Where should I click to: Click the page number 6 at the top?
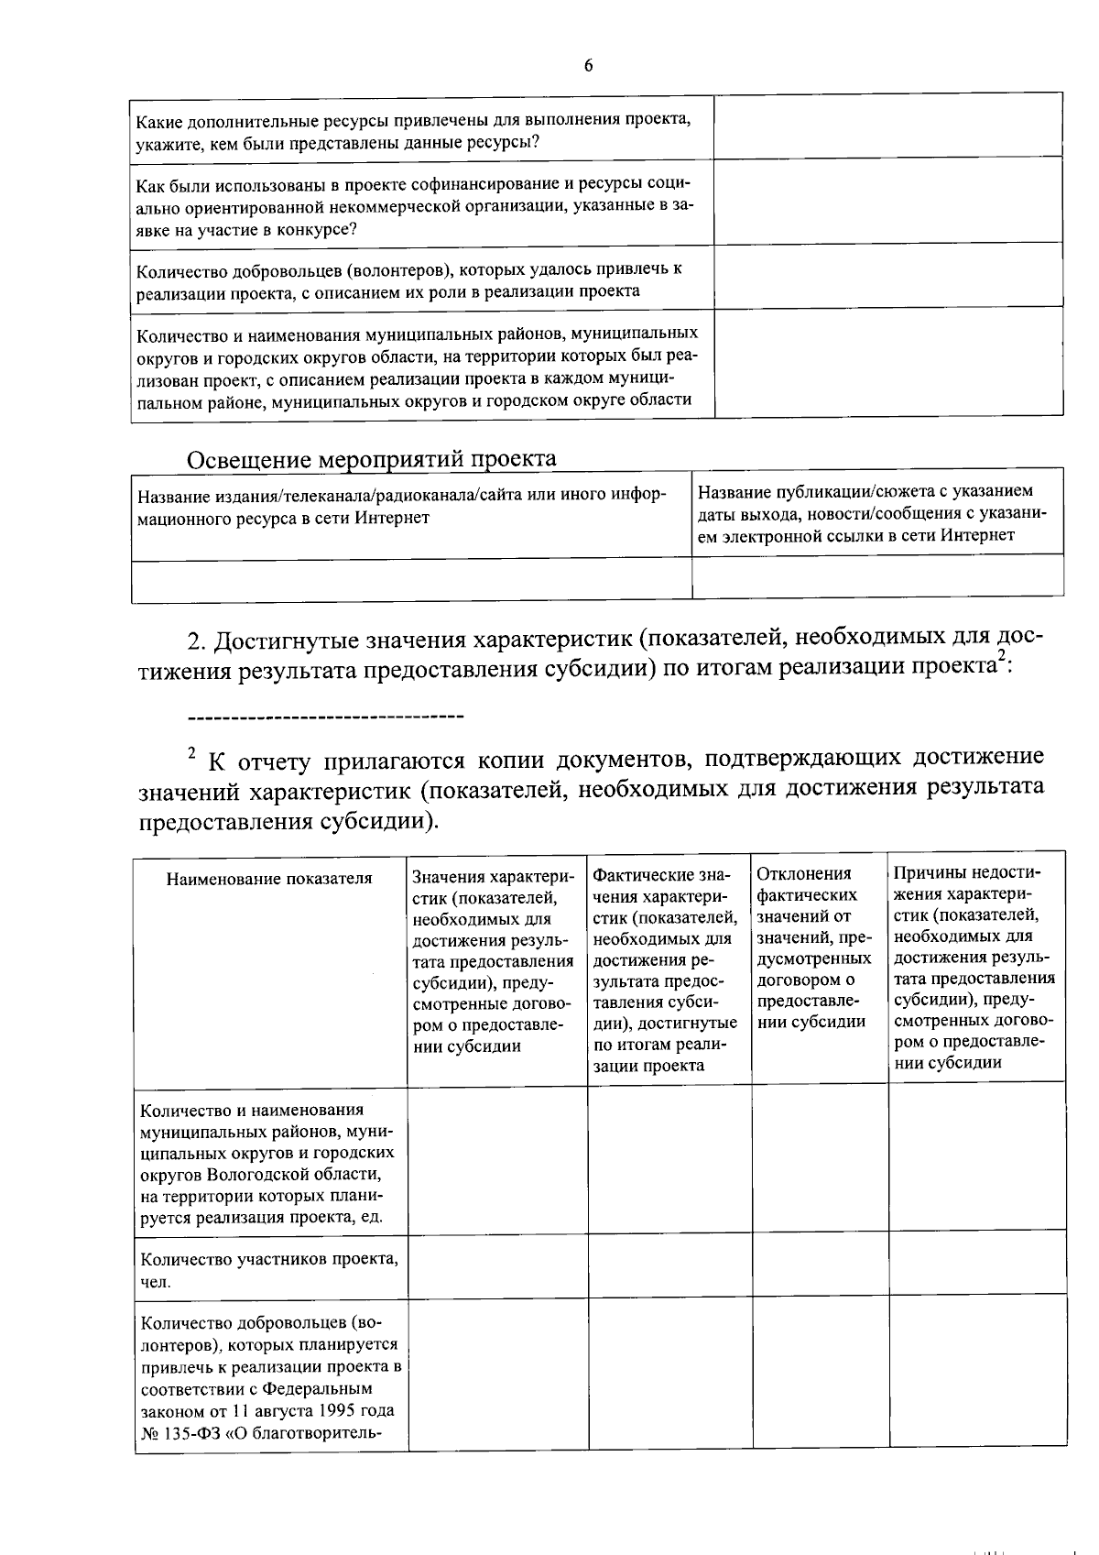588,65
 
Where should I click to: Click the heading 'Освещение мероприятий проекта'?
371,458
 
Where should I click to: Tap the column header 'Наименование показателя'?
269,879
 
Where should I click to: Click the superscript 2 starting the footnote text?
191,753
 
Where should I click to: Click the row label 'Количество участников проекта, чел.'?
268,1270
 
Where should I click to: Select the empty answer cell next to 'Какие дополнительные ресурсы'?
887,126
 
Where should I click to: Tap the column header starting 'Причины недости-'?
974,968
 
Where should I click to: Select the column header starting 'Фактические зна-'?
668,969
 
